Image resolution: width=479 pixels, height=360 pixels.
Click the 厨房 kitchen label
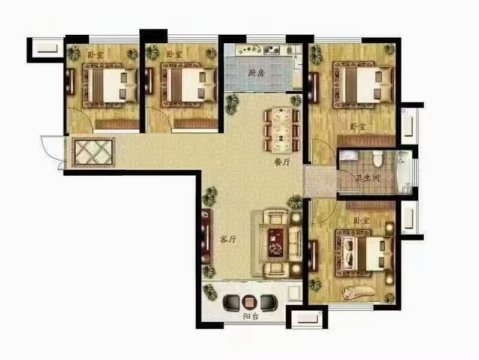pyautogui.click(x=256, y=73)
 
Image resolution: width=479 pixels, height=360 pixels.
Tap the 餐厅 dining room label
pyautogui.click(x=282, y=162)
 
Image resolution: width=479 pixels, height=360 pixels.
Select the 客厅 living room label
pyautogui.click(x=228, y=239)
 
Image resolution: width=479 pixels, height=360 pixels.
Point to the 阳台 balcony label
pyautogui.click(x=251, y=317)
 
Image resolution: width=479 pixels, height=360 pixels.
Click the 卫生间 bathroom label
pyautogui.click(x=368, y=178)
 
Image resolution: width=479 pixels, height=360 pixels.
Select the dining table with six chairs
pyautogui.click(x=282, y=130)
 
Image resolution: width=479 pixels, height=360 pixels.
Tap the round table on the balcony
pyautogui.click(x=250, y=302)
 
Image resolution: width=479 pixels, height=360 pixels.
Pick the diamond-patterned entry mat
pyautogui.click(x=94, y=152)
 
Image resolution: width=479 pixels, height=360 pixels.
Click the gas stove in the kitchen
pyautogui.click(x=271, y=50)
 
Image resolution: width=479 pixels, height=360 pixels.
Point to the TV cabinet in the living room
pyautogui.click(x=206, y=237)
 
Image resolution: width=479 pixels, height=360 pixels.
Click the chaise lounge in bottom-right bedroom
pyautogui.click(x=358, y=292)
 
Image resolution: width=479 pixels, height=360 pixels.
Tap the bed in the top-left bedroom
pyautogui.click(x=109, y=85)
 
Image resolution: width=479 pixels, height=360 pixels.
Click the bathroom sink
pyautogui.click(x=349, y=155)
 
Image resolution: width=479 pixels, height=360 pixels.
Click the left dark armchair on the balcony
pyautogui.click(x=232, y=302)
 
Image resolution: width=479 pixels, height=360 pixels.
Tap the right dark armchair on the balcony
pyautogui.click(x=269, y=302)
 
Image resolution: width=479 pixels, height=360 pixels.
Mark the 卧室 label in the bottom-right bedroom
pyautogui.click(x=361, y=220)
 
